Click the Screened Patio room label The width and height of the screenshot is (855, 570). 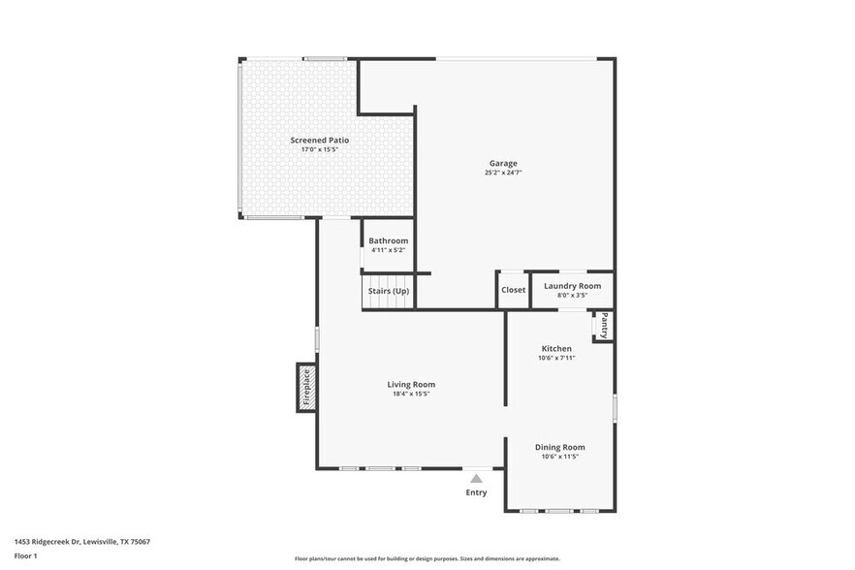[x=320, y=141]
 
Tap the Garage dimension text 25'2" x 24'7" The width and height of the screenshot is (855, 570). [x=503, y=173]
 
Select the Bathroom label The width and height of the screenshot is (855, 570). [x=388, y=240]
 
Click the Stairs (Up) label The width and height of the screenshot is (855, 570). [x=388, y=291]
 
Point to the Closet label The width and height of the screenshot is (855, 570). [x=513, y=290]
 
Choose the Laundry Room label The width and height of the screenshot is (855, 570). [x=572, y=286]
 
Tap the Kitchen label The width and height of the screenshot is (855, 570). [x=556, y=349]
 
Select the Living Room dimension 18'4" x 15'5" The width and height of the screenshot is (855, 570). [x=411, y=394]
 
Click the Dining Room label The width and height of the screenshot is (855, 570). [x=560, y=447]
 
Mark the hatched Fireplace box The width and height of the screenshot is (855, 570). [x=305, y=387]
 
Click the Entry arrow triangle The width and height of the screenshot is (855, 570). [x=476, y=478]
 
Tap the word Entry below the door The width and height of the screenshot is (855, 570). [x=476, y=492]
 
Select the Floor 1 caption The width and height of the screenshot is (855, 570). [x=25, y=555]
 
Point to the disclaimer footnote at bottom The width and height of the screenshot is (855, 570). [x=427, y=558]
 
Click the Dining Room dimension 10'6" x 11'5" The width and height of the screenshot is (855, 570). [x=560, y=457]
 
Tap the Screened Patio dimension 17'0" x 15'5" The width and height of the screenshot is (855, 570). [x=320, y=150]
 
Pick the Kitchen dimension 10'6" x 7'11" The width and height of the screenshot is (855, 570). [x=556, y=358]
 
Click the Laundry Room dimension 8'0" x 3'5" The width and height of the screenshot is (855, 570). [x=572, y=296]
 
